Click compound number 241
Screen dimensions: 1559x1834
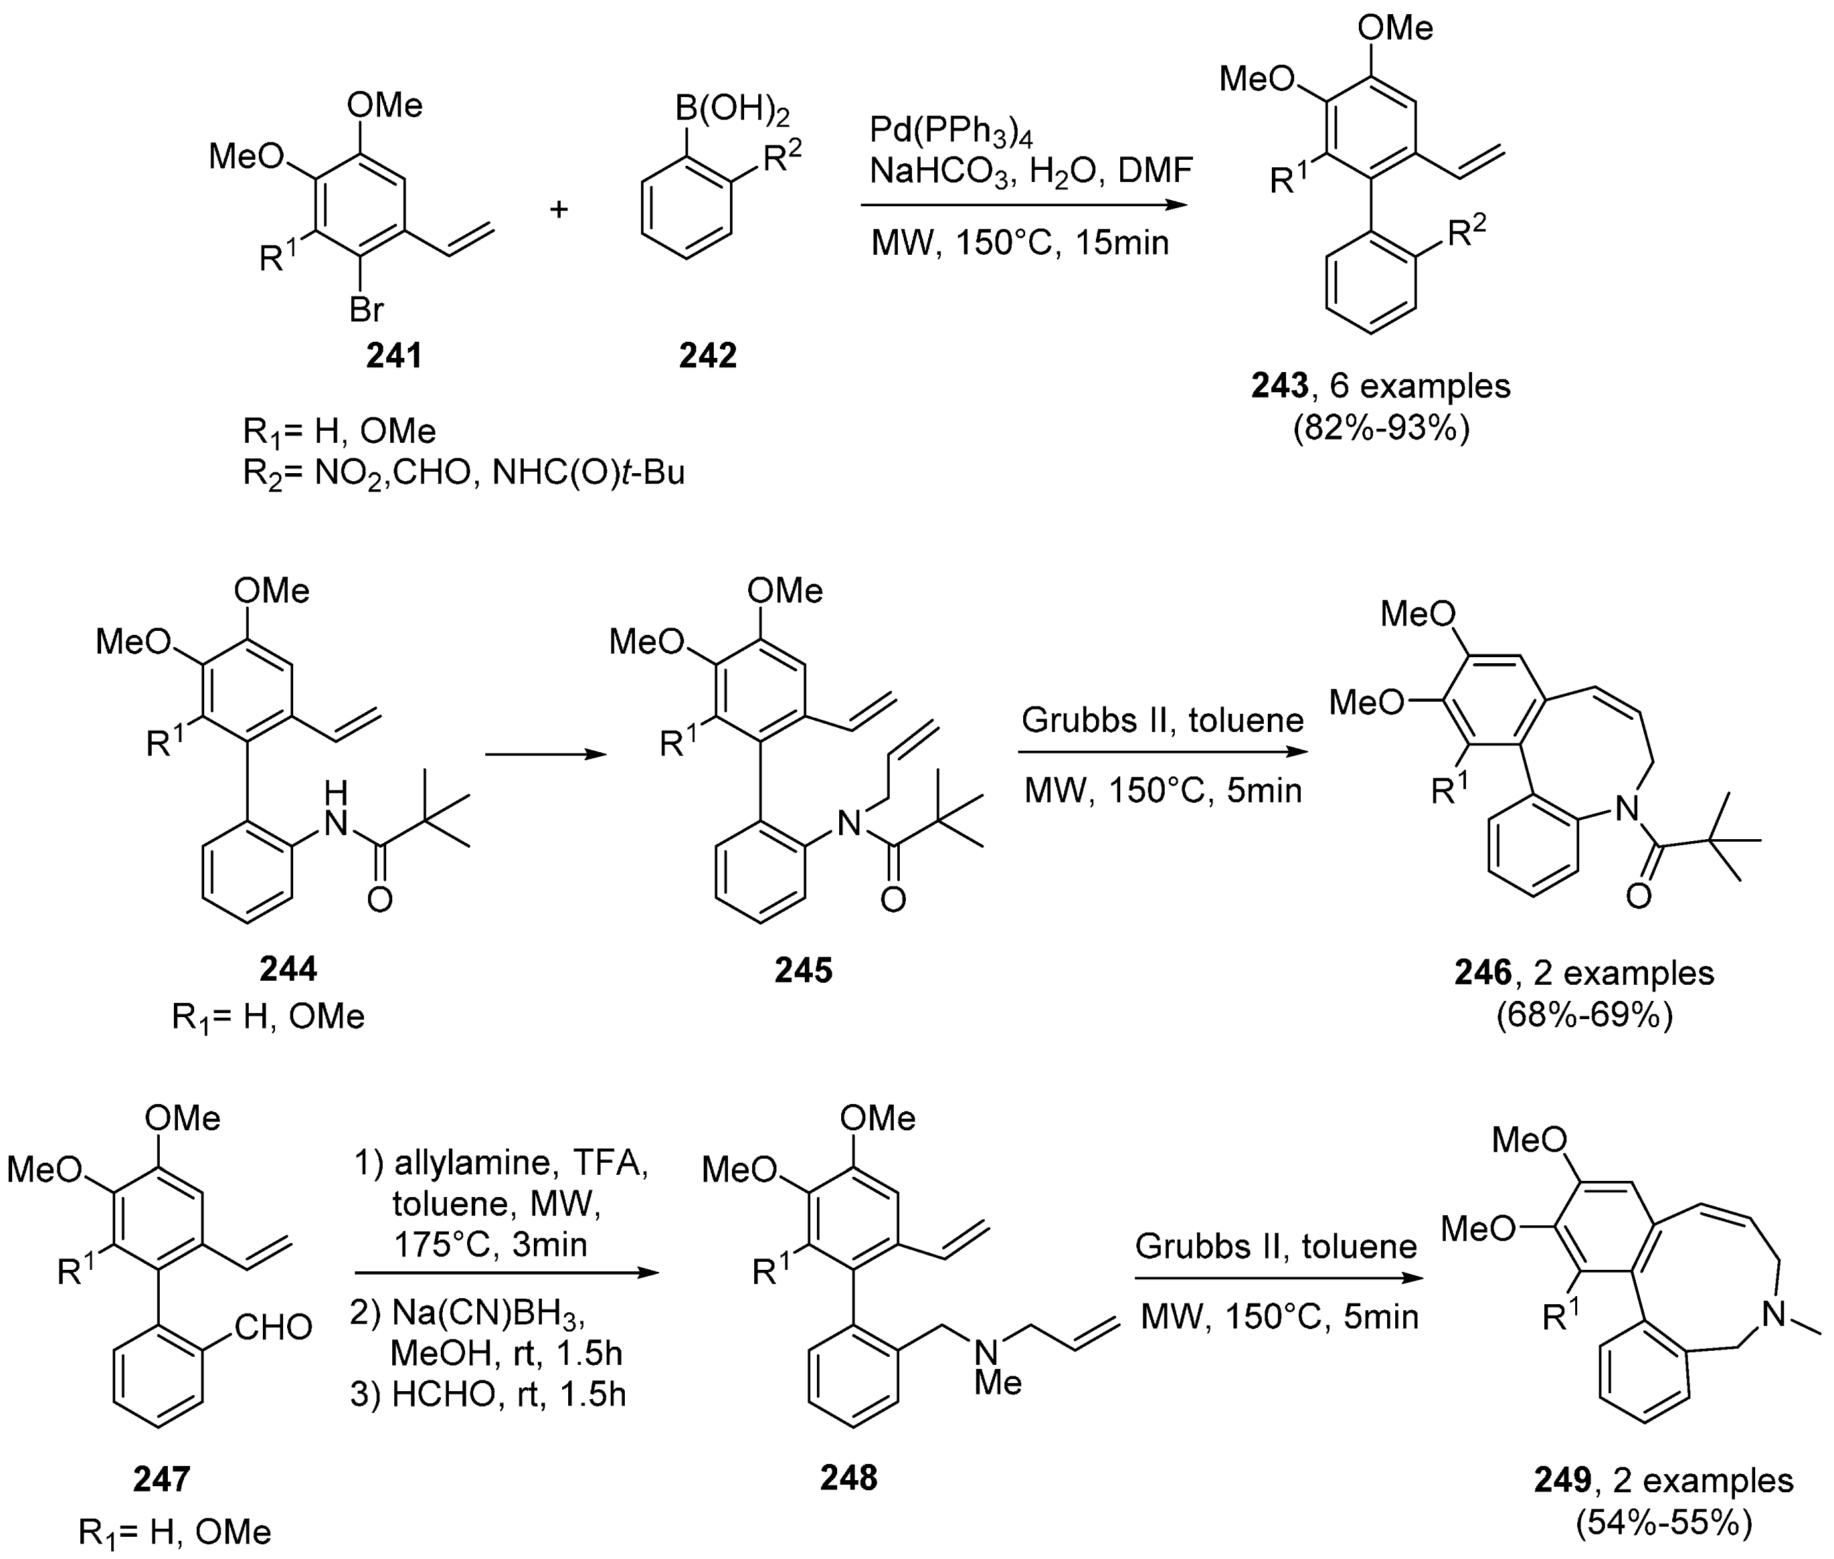click(x=394, y=355)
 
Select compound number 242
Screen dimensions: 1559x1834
click(x=707, y=355)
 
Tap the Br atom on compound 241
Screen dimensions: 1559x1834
click(x=366, y=309)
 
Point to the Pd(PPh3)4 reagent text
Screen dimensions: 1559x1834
click(x=950, y=131)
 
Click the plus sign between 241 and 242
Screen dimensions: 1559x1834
click(x=559, y=210)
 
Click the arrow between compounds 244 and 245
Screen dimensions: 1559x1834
click(x=545, y=754)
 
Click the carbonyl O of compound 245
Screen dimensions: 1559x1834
click(x=892, y=900)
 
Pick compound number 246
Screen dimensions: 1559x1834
click(x=1482, y=973)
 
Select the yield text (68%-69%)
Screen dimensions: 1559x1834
click(x=1584, y=1016)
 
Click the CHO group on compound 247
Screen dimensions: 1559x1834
click(x=273, y=1326)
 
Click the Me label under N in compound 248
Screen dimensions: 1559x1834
click(x=998, y=1382)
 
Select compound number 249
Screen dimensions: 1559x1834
click(x=1562, y=1480)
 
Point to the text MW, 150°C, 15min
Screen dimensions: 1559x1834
click(x=1019, y=242)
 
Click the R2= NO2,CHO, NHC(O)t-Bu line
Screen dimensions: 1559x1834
click(x=463, y=474)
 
